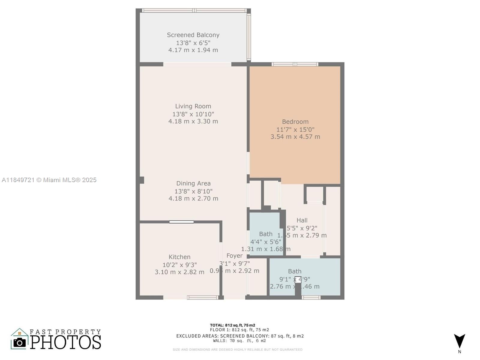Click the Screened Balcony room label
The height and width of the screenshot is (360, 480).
[x=193, y=35]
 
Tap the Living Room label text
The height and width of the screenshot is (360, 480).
[x=193, y=106]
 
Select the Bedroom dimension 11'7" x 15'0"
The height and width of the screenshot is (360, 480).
[x=295, y=130]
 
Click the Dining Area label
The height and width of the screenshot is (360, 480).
[x=193, y=183]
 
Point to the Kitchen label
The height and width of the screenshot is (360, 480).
[x=179, y=257]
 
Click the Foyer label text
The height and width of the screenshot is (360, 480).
[x=234, y=256]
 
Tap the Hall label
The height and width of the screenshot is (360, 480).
[x=302, y=220]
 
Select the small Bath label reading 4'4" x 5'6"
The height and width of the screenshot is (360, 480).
[x=266, y=234]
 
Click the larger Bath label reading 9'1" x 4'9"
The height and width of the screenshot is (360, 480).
[x=295, y=271]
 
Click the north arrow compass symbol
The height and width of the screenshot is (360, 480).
[x=459, y=341]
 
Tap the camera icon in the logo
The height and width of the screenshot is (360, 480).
[x=20, y=343]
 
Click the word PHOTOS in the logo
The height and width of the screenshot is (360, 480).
[x=65, y=342]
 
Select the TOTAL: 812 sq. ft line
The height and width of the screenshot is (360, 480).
[x=232, y=325]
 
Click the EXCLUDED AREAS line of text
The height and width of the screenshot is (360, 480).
[x=240, y=336]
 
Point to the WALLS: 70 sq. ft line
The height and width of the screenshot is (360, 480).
[x=239, y=341]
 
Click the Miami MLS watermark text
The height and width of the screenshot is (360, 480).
[x=49, y=180]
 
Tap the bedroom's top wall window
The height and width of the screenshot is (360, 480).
[x=295, y=64]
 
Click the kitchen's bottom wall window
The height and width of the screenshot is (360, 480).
[x=202, y=298]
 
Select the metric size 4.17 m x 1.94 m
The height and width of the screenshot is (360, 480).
[x=193, y=50]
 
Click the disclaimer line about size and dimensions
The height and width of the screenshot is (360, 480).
[x=237, y=349]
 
